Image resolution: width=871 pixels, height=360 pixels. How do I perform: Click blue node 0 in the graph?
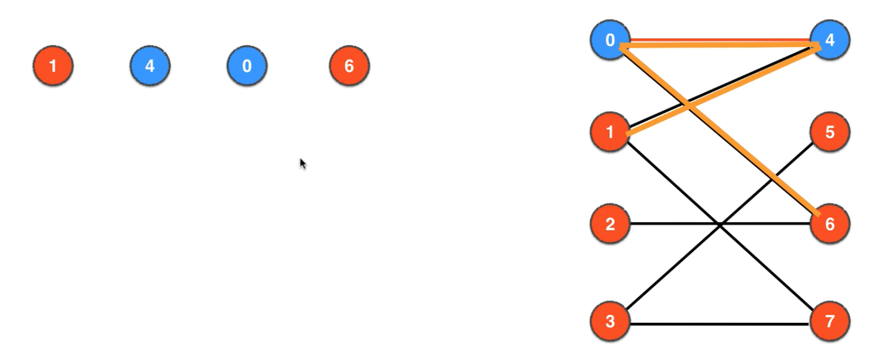[x=610, y=41]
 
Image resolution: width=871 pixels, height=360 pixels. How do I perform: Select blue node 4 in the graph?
[x=829, y=41]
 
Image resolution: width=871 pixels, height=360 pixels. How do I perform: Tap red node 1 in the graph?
[x=610, y=133]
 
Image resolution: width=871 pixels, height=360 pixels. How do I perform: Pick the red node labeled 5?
[x=829, y=133]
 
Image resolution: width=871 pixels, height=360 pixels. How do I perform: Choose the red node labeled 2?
[x=610, y=224]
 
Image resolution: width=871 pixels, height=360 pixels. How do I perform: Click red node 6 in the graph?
[x=829, y=224]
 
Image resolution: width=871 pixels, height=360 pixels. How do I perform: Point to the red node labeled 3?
[x=610, y=321]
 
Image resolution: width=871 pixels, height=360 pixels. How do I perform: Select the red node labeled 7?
[x=829, y=321]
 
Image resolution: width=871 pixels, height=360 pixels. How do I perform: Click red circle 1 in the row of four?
[x=53, y=66]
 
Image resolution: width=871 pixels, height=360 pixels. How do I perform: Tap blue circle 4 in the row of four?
[x=150, y=66]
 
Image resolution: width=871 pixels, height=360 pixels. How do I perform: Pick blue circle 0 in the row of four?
[x=247, y=66]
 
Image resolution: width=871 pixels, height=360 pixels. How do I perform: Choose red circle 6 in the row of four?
[x=349, y=66]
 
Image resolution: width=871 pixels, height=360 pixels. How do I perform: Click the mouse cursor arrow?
[x=303, y=163]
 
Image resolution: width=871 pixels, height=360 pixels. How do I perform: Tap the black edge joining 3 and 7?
[x=720, y=325]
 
